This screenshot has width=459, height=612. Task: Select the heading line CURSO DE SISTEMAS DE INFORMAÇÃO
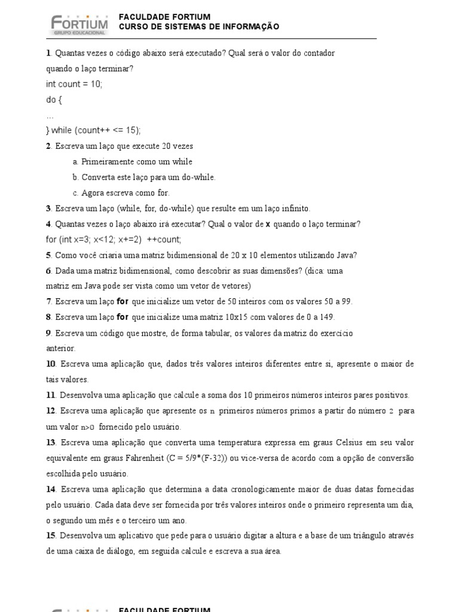(199, 27)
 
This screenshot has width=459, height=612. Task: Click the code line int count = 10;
(74, 84)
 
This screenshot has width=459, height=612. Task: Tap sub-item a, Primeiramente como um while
(132, 162)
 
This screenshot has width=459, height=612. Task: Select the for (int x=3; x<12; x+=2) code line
(114, 240)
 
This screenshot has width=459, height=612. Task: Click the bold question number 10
(51, 364)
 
